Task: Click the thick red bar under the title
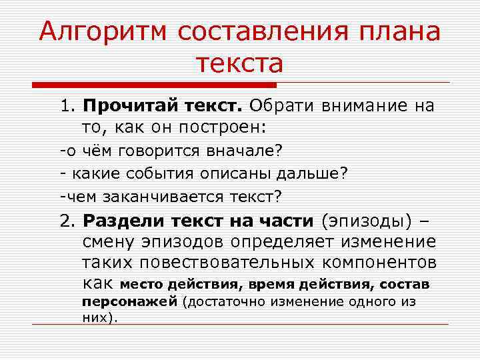pos(154,85)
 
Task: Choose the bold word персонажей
pos(130,301)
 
